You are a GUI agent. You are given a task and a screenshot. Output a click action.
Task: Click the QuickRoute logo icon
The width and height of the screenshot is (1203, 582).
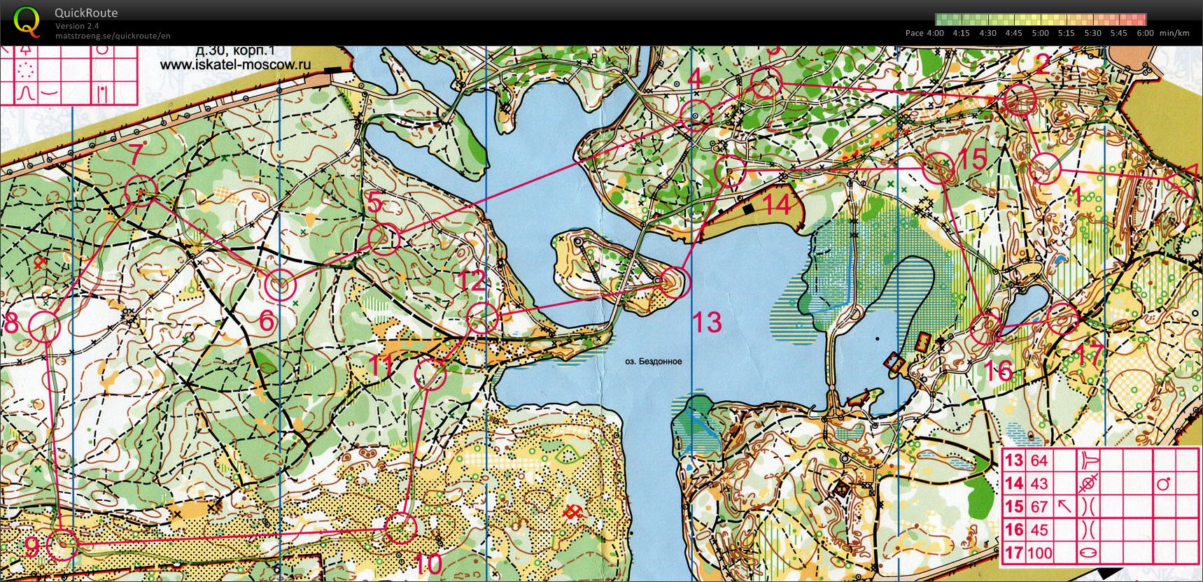[x=27, y=21]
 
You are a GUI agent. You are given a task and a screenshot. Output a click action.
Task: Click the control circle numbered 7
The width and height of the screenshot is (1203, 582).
[x=141, y=191]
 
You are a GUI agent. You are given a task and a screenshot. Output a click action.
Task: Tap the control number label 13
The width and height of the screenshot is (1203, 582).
[x=706, y=322]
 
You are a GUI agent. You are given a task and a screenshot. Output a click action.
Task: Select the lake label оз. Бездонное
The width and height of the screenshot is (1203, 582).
[x=653, y=362]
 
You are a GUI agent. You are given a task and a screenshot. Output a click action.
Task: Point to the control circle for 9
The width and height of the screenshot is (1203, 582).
[x=62, y=544]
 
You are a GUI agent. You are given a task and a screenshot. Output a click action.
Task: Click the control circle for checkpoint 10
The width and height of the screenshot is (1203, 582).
[x=401, y=528]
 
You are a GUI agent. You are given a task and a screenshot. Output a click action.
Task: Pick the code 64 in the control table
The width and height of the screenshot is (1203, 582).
[x=1039, y=460]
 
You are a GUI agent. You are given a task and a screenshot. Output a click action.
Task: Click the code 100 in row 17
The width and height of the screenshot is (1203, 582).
[x=1039, y=553]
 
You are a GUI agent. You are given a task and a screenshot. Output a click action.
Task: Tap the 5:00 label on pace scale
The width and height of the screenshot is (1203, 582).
[x=1040, y=33]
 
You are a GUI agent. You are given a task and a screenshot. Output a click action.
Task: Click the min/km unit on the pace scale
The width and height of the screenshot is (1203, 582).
[x=1174, y=33]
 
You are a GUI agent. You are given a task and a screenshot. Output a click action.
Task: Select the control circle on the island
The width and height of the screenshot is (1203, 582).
[x=675, y=282]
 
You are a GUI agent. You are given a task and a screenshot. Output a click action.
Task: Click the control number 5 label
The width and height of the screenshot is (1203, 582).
[x=374, y=203]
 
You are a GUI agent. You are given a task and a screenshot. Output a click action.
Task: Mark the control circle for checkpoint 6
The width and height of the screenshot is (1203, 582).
[x=281, y=285]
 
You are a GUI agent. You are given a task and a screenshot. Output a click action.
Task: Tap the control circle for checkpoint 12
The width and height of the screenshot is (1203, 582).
[x=481, y=318]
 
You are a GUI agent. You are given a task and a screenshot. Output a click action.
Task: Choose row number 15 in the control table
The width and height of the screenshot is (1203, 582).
[x=1014, y=506]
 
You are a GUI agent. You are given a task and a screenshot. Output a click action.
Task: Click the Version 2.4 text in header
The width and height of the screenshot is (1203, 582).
[x=77, y=26]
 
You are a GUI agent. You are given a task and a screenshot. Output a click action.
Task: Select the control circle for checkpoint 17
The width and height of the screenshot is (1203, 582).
[x=1063, y=319]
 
